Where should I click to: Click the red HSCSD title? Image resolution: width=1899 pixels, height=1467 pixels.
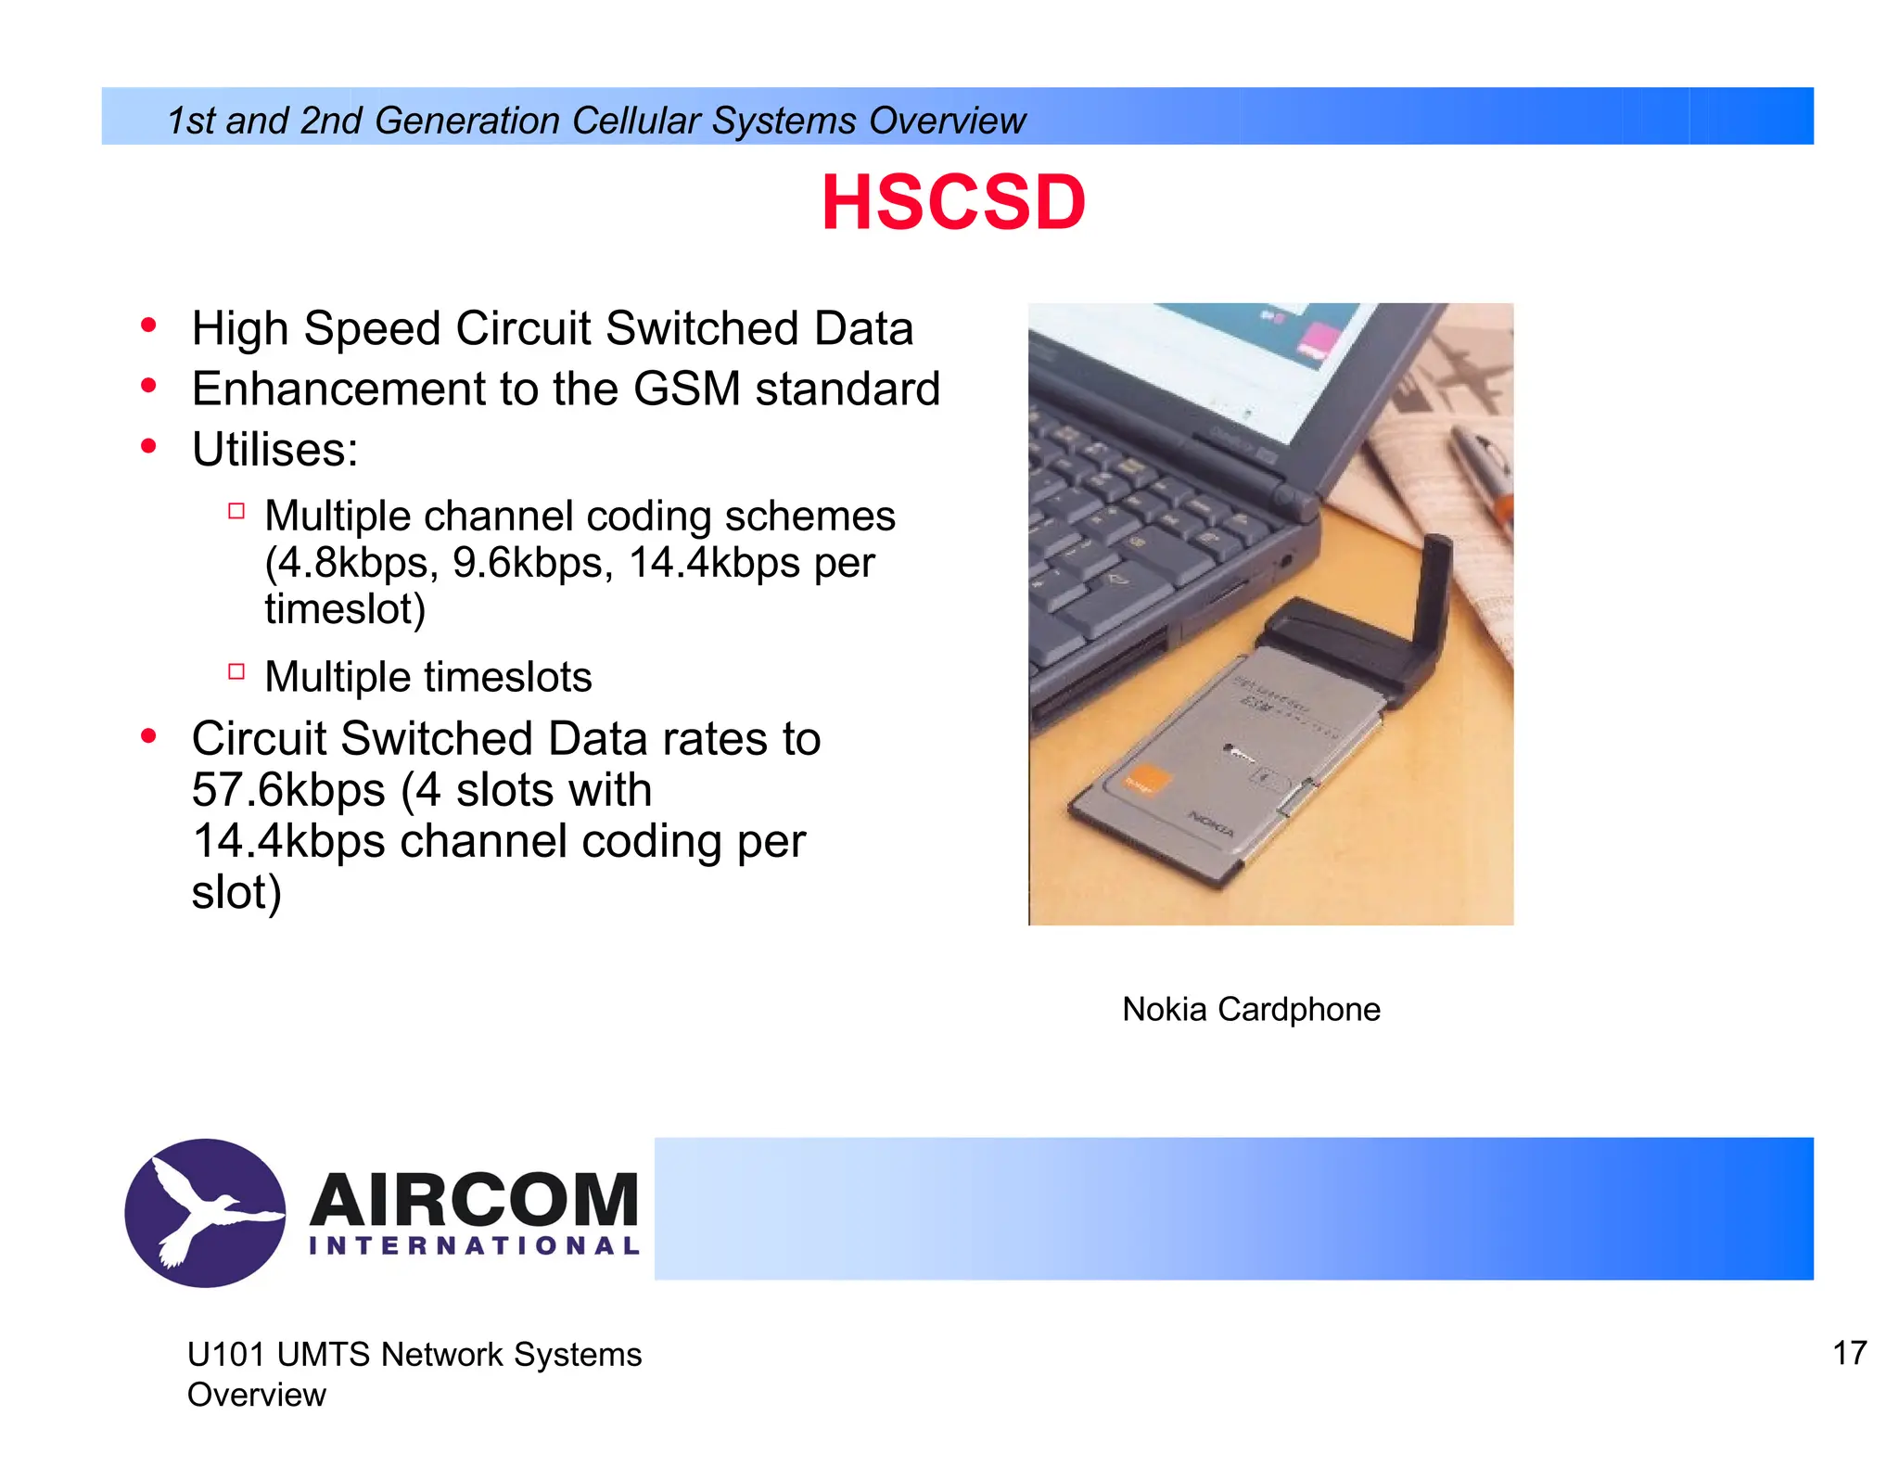953,203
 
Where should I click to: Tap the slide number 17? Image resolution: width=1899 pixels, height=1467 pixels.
1849,1353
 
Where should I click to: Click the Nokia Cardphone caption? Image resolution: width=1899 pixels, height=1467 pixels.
1251,1009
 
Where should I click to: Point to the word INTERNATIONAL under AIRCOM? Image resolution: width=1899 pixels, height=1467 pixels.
474,1245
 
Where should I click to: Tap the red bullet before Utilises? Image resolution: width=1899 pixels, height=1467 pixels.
148,447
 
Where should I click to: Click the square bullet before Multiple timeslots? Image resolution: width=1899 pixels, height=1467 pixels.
236,671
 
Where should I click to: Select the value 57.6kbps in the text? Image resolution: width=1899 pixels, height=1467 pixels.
287,790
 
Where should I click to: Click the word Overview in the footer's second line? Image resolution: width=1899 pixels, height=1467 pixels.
257,1395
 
